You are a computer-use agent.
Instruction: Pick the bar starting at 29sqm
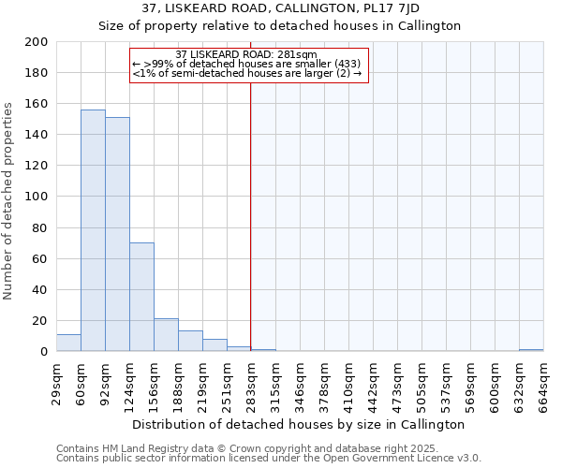(68, 343)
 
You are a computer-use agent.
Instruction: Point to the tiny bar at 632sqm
(531, 350)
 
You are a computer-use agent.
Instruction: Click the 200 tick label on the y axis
(37, 42)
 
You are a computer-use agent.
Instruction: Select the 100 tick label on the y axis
(37, 197)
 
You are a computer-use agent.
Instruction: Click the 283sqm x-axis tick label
(251, 383)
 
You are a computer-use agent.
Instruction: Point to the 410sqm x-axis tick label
(348, 383)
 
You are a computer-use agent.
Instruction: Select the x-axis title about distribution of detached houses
(299, 424)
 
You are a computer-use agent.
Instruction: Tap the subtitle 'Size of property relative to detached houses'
(280, 26)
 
